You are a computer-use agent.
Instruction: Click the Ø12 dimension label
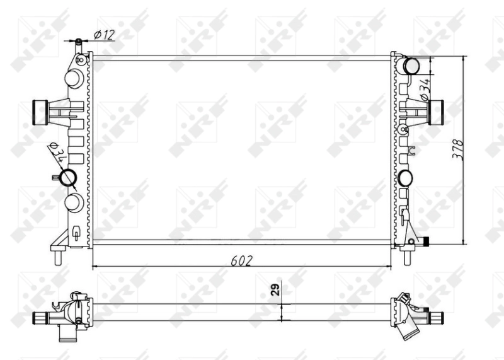pyautogui.click(x=104, y=35)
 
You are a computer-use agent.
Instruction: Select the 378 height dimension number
pyautogui.click(x=460, y=149)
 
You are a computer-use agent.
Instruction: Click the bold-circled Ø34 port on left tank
pyautogui.click(x=67, y=178)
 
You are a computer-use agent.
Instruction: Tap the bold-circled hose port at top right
pyautogui.click(x=411, y=65)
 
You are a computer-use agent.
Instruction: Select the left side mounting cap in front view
pyautogui.click(x=40, y=113)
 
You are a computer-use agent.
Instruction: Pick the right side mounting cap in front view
pyautogui.click(x=437, y=112)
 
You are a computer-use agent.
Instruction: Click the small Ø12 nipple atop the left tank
pyautogui.click(x=79, y=44)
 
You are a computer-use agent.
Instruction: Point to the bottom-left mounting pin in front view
pyautogui.click(x=59, y=257)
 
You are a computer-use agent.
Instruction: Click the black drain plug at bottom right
pyautogui.click(x=427, y=241)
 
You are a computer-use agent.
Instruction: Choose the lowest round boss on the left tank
pyautogui.click(x=74, y=202)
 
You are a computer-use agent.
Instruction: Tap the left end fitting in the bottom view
pyautogui.click(x=42, y=317)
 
